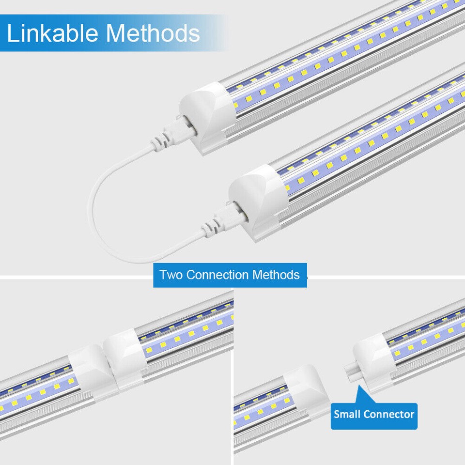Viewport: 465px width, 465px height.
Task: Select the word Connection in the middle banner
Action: click(x=218, y=275)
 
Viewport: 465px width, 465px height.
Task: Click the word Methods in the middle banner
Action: click(x=277, y=275)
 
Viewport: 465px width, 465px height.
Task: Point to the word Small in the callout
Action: click(x=347, y=415)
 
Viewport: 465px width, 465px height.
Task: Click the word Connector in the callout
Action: click(x=389, y=415)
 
